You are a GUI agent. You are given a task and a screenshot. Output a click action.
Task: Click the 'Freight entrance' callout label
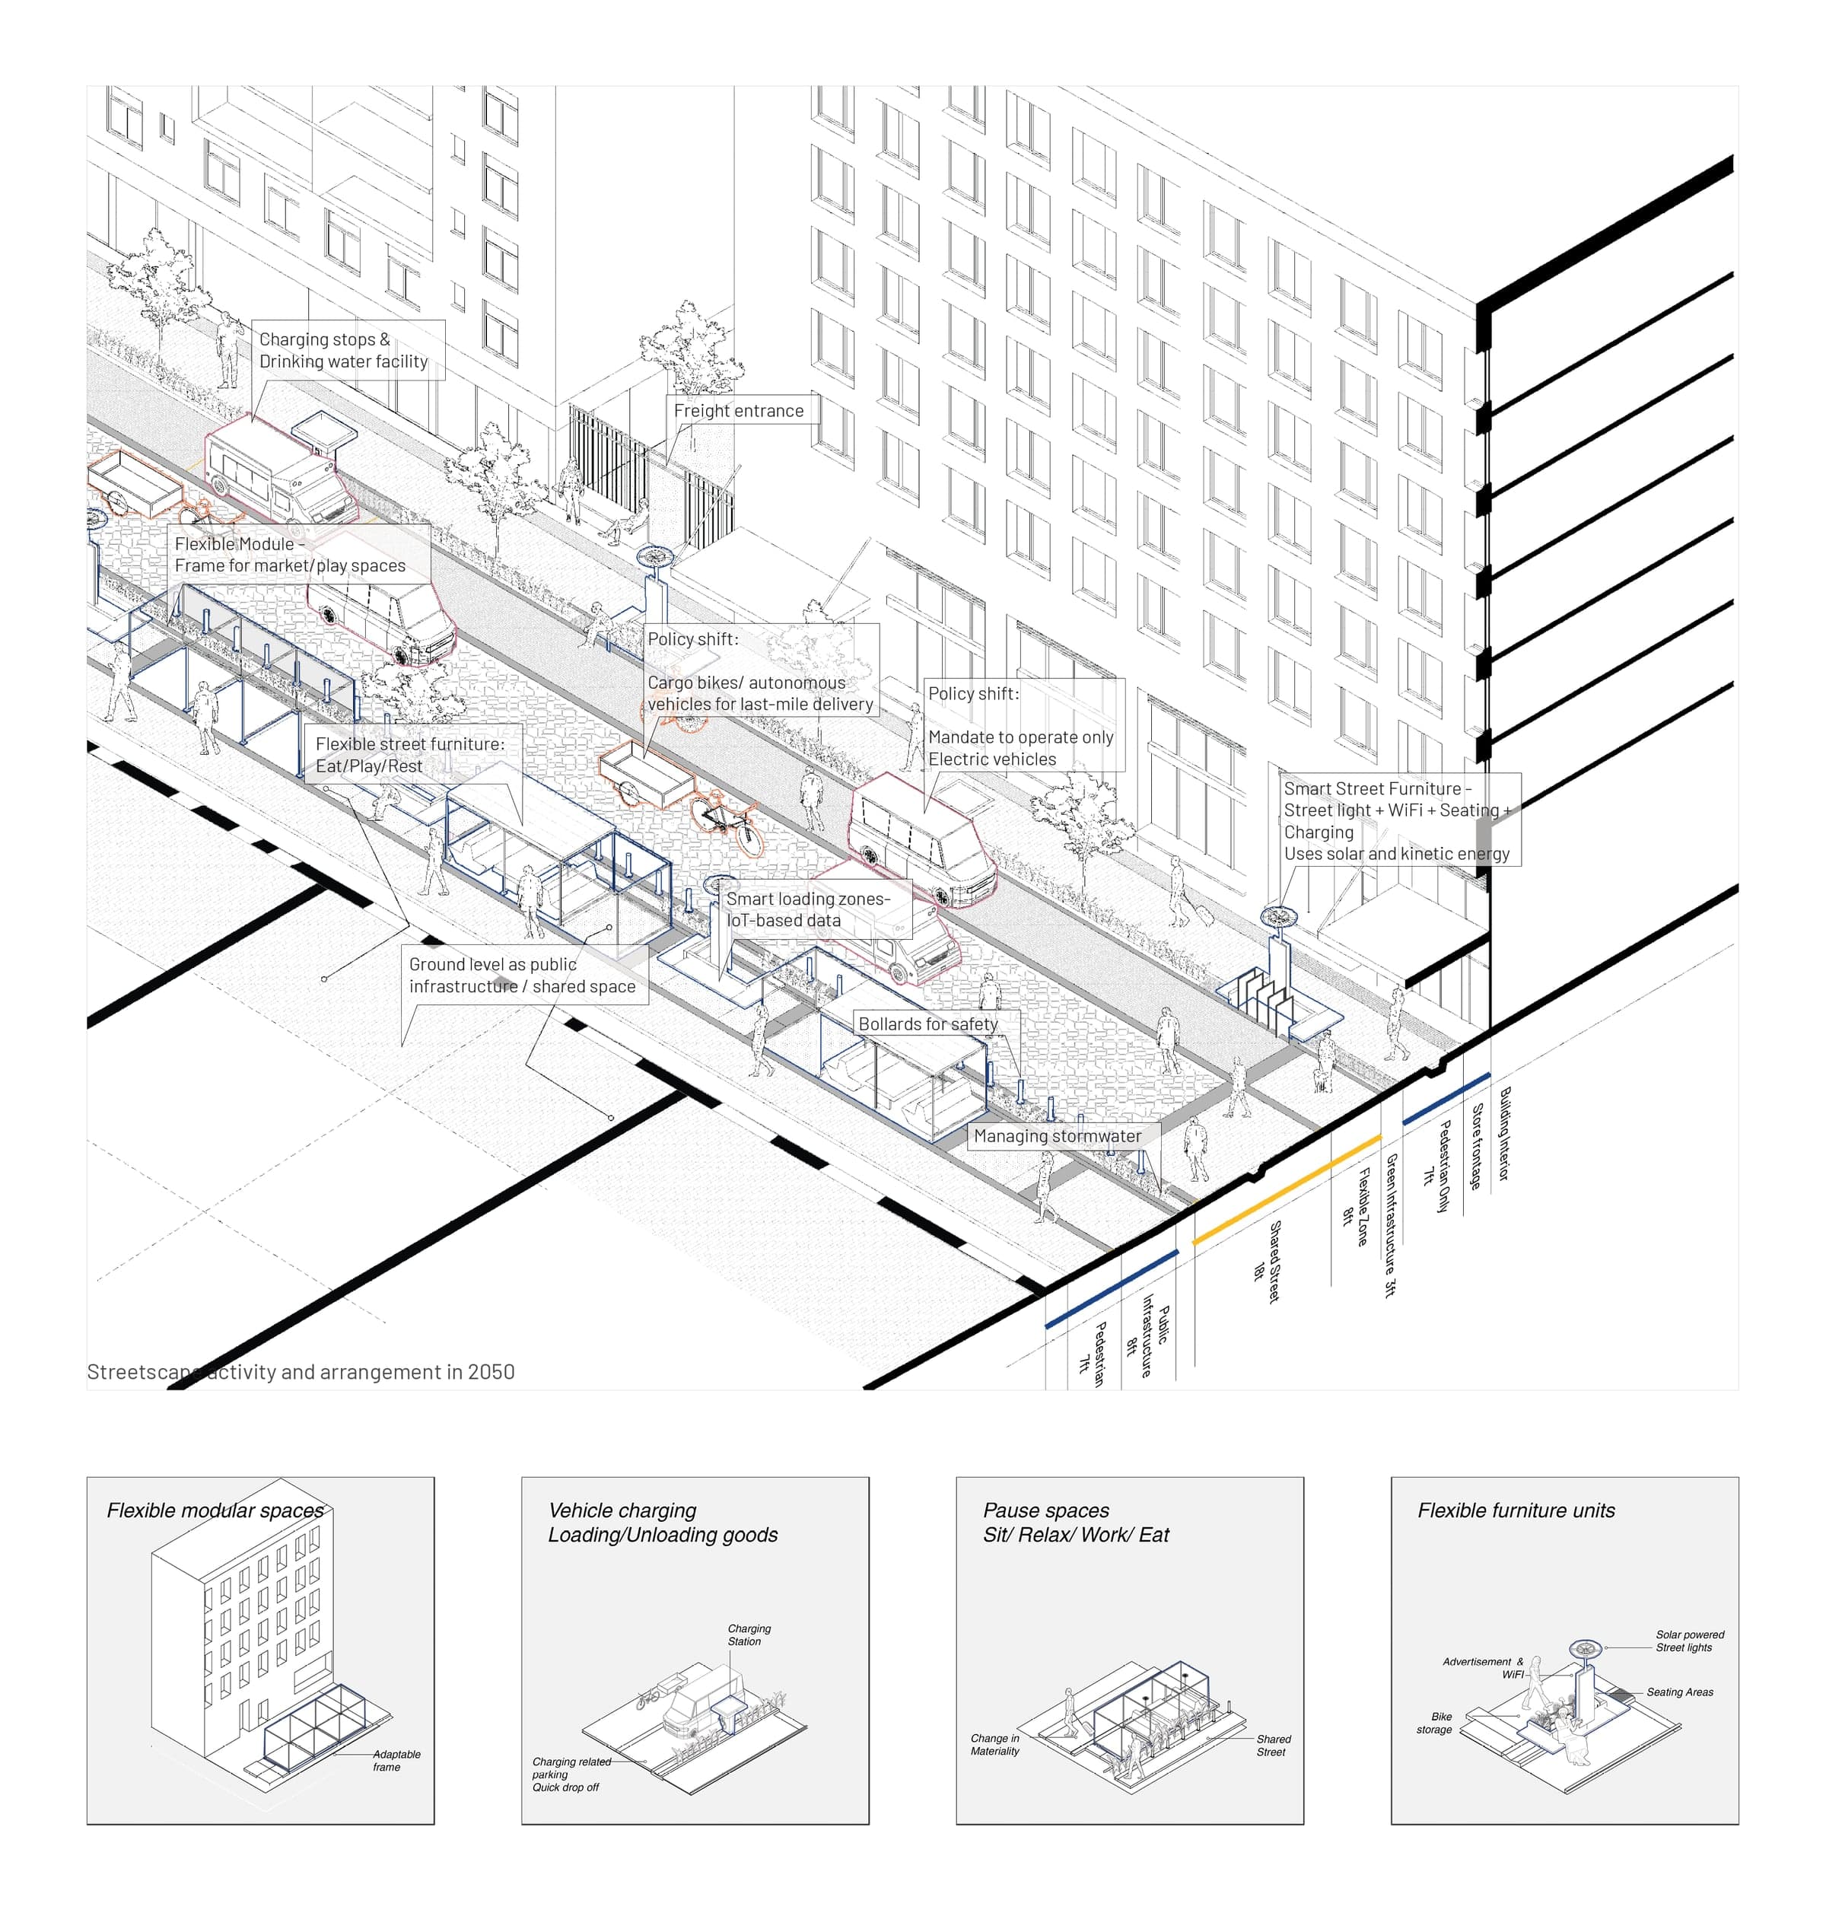point(739,411)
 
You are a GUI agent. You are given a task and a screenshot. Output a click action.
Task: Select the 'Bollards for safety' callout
point(927,1024)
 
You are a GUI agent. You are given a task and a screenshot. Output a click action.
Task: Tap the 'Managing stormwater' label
point(1057,1136)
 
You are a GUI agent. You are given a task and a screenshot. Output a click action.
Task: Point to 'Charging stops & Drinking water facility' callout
point(342,351)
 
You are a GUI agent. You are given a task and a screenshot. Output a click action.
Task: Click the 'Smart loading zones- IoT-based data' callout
point(807,909)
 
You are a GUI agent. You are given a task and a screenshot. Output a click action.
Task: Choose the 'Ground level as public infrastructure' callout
point(522,976)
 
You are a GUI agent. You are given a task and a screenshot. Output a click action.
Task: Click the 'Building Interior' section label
point(1504,1134)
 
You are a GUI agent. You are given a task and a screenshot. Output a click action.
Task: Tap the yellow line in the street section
point(1286,1189)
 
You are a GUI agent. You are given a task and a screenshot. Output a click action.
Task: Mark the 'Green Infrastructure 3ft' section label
point(1391,1224)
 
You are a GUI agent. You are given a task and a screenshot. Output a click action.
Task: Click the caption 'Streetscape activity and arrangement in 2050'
point(301,1372)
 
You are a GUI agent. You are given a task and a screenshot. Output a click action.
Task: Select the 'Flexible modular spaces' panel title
point(215,1510)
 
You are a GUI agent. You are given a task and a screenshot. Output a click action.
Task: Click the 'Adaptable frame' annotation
point(395,1760)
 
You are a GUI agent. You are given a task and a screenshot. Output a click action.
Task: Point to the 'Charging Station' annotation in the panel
point(749,1634)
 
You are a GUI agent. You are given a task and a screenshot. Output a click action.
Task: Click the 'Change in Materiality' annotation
point(994,1745)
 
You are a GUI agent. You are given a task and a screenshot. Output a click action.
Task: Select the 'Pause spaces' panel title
point(1045,1510)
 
